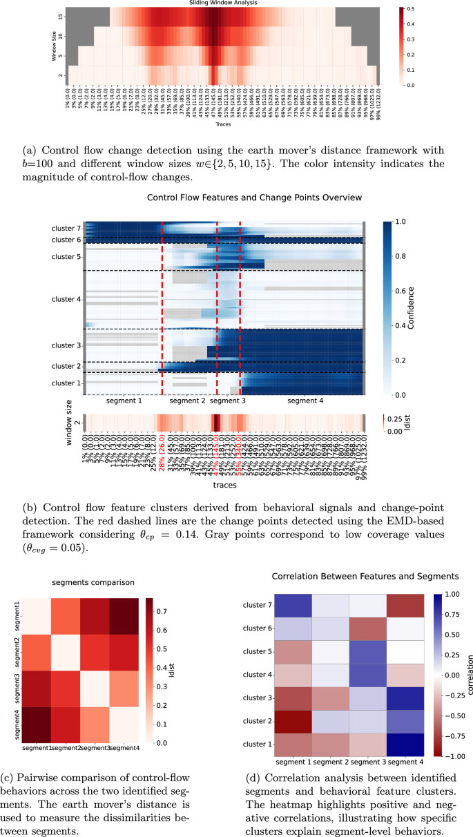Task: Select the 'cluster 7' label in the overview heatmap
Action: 67,228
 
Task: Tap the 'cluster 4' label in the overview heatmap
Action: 67,299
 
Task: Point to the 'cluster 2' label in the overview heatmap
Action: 67,366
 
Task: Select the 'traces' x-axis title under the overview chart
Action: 224,485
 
